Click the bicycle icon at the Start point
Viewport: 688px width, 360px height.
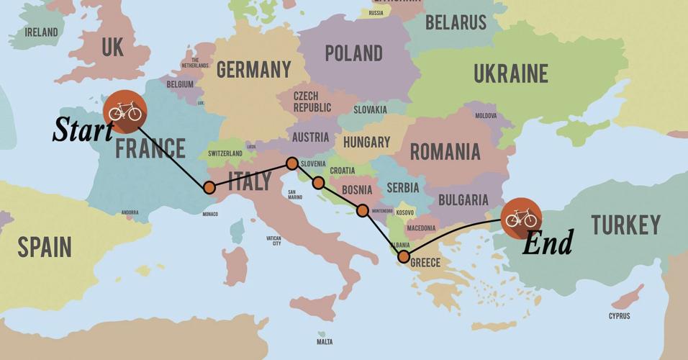click(125, 112)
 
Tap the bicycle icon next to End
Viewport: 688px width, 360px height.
click(521, 217)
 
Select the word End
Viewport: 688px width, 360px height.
click(547, 243)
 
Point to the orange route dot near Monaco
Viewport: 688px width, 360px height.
click(209, 188)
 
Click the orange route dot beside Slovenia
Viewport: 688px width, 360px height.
click(292, 163)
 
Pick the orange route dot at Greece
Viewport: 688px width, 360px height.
click(404, 256)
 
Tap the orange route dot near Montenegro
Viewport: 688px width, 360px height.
click(363, 210)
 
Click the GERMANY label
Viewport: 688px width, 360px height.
click(254, 70)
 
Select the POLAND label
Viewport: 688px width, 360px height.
click(353, 53)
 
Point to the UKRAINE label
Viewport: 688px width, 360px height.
click(511, 73)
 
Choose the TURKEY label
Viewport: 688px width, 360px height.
click(625, 225)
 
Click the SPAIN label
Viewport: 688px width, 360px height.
click(45, 247)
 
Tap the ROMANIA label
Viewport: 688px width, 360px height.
click(445, 152)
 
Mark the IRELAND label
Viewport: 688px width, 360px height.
click(41, 32)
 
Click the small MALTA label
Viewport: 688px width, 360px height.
click(325, 342)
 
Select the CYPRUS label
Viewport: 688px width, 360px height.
click(618, 316)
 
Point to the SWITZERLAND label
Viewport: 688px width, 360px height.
click(225, 154)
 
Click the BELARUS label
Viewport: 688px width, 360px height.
click(456, 22)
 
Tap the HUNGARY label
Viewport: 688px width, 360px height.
click(366, 143)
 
